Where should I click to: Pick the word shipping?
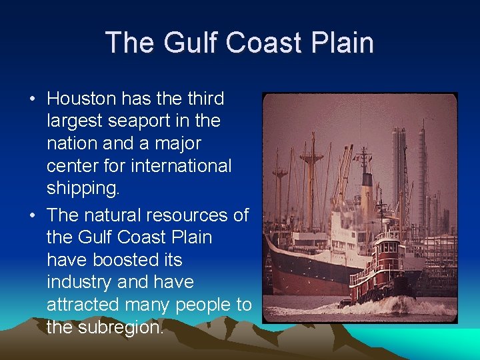(83, 188)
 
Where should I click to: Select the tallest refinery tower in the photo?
(421, 173)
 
